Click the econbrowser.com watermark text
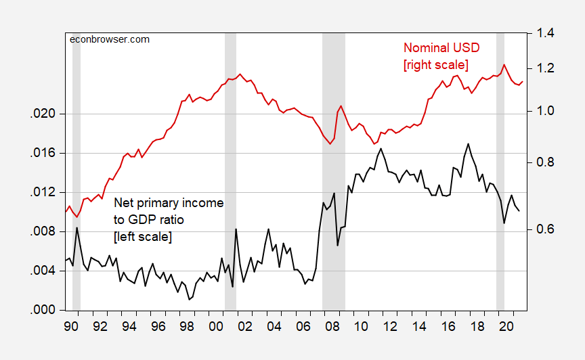(x=110, y=39)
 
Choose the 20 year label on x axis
(x=506, y=325)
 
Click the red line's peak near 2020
(x=503, y=64)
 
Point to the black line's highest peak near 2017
(x=468, y=143)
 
